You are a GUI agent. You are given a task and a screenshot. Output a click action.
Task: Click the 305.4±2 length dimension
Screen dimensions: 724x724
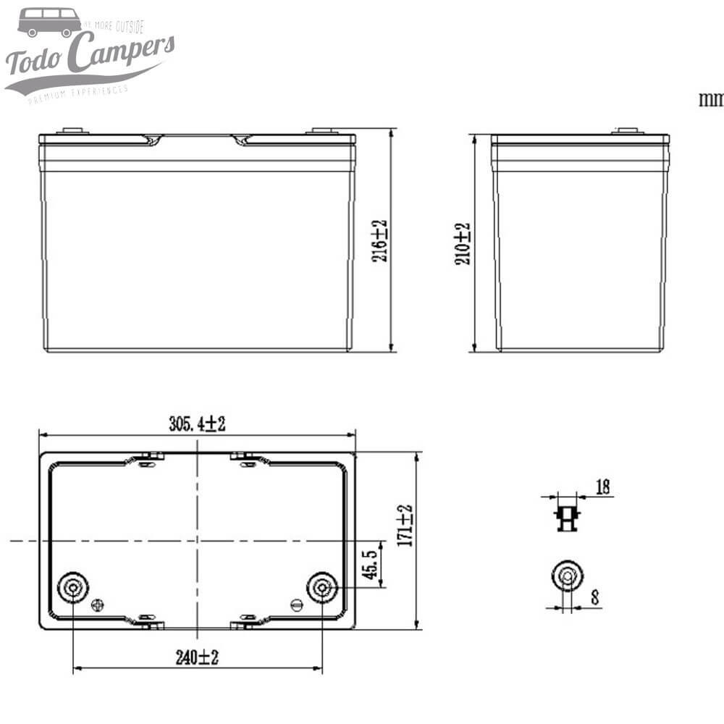point(197,424)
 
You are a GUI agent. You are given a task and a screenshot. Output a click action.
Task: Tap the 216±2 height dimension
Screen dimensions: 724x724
point(381,240)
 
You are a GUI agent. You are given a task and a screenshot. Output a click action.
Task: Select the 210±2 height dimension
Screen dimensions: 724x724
point(463,243)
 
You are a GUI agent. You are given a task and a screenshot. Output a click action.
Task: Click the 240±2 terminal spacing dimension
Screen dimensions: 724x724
point(197,657)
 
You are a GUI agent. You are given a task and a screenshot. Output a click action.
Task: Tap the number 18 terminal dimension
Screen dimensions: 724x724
point(602,487)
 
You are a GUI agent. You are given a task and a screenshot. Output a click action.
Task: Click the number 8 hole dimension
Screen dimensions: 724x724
point(594,598)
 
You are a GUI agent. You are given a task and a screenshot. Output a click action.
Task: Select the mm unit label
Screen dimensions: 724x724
point(711,99)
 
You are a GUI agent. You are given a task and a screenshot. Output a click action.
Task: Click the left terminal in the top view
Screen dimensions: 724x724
point(73,587)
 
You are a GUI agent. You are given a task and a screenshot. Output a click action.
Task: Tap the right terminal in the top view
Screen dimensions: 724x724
point(321,587)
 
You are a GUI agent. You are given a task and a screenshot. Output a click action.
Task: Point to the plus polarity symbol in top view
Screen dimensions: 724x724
point(98,604)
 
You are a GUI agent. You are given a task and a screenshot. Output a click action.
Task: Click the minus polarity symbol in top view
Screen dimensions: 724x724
point(295,604)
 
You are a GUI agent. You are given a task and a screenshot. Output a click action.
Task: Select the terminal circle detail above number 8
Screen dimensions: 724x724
point(566,576)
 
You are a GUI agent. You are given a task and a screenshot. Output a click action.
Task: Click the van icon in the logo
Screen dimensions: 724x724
point(49,22)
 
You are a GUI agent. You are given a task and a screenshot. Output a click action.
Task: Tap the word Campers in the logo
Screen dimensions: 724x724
point(124,54)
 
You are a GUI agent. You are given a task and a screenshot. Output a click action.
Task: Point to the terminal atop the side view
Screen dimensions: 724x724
point(627,131)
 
